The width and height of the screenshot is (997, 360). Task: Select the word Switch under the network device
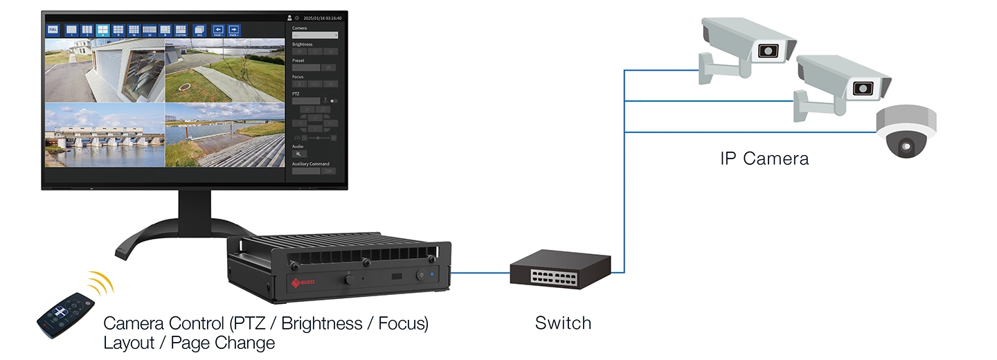coord(563,323)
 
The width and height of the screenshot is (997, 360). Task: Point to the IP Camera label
coord(764,159)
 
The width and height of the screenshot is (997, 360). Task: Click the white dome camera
coord(906,131)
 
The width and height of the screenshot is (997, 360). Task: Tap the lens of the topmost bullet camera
coord(766,51)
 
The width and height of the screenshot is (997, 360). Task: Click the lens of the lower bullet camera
coord(861,88)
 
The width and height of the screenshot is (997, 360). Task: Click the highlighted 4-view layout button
coord(102,30)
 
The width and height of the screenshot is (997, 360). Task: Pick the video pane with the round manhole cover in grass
coord(224,71)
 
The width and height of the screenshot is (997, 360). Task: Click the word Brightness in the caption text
coord(315,324)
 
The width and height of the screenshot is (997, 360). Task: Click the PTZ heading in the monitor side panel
coord(296,92)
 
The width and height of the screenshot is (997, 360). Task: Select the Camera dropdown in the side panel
coord(315,35)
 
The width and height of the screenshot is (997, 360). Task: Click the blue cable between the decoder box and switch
coord(480,273)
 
